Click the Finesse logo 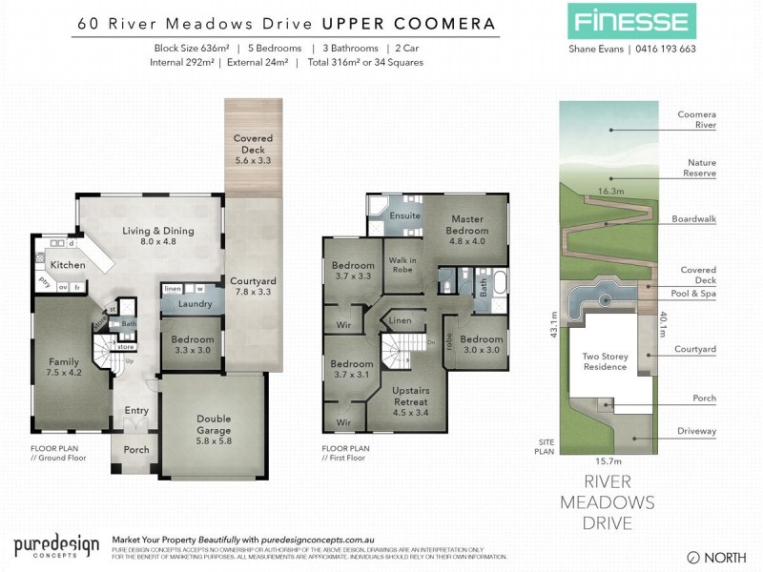pos(630,21)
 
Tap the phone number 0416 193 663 pos(663,50)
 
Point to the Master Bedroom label pos(467,225)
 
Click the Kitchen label pos(68,264)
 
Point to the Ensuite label pos(405,216)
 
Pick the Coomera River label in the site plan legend pos(696,119)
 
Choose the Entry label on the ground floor pos(136,411)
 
